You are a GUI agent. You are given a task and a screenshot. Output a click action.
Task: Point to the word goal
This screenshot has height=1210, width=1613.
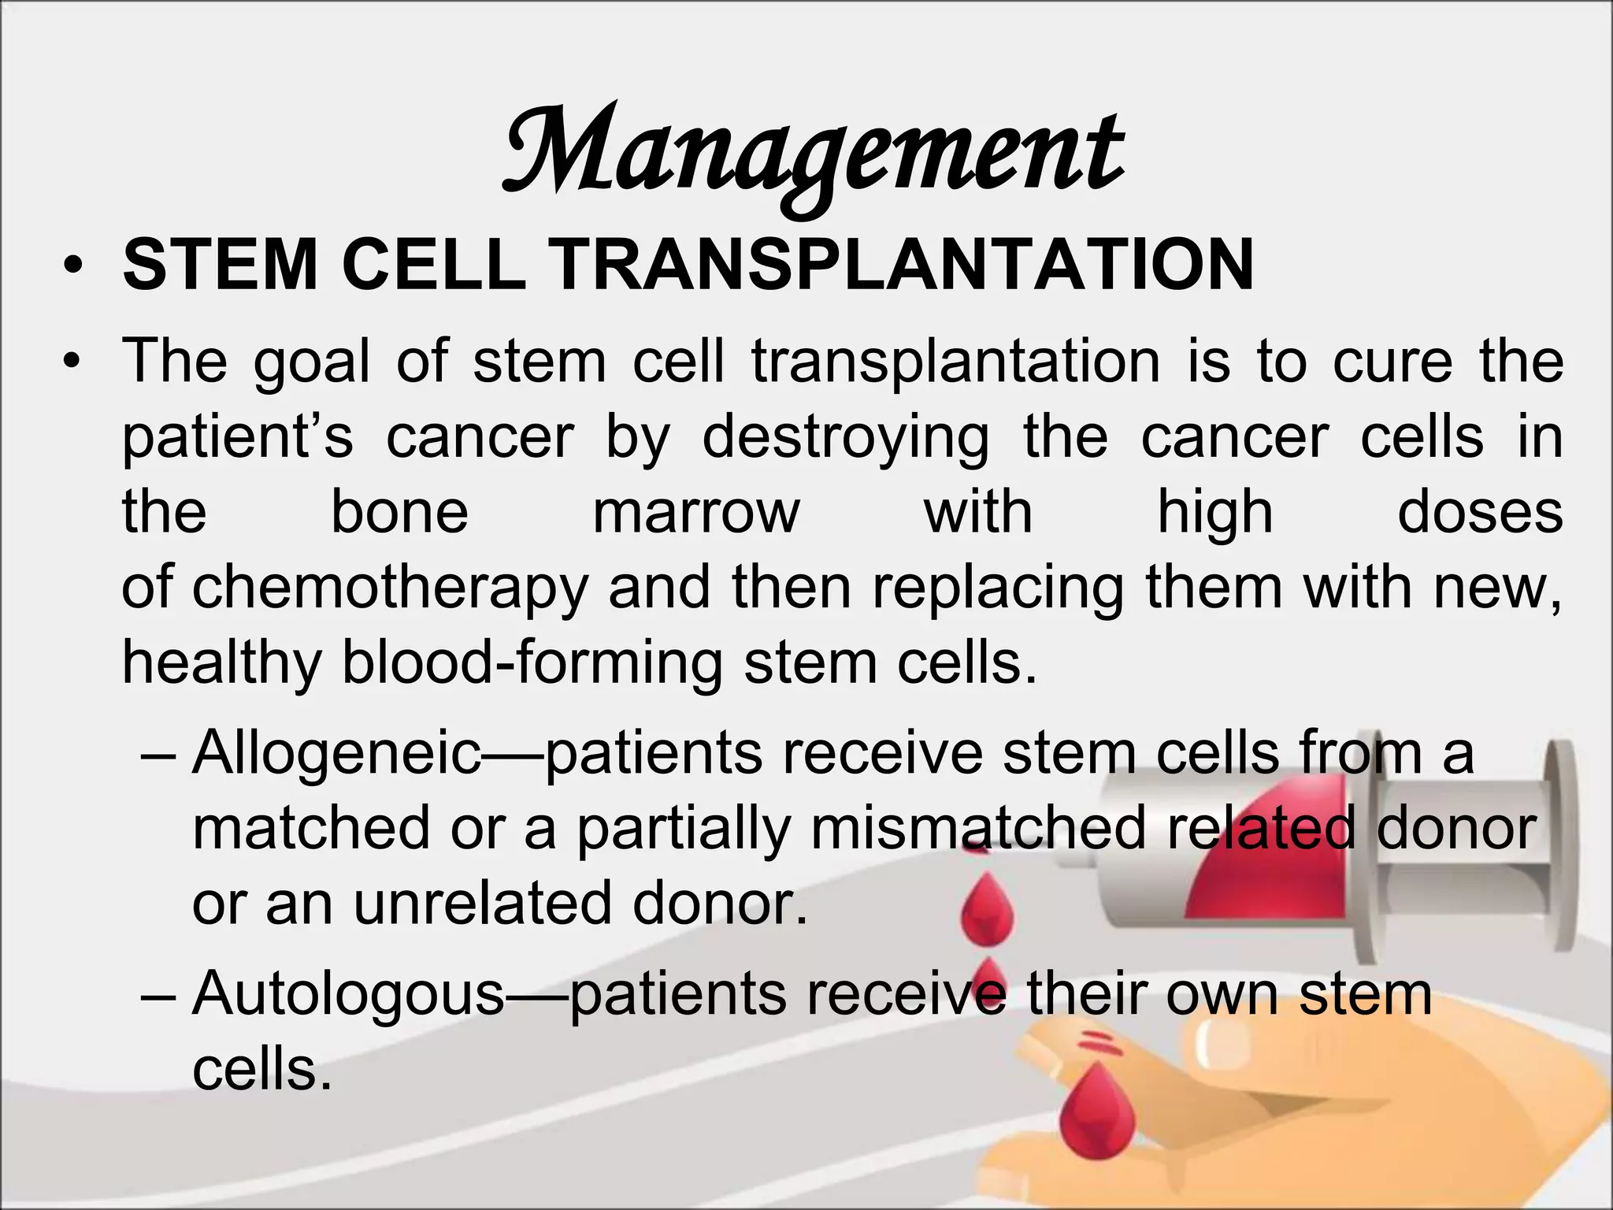311,362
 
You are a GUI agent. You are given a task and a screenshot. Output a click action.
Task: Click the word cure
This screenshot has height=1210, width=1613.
1392,361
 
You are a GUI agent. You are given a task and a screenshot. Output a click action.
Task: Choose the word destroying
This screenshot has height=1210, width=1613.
845,438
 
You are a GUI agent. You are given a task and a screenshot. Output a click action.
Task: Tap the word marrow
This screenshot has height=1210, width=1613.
695,512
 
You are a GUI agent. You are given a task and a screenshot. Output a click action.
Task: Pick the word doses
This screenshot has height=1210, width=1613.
1480,512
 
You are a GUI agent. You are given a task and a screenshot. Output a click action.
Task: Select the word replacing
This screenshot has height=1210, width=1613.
998,589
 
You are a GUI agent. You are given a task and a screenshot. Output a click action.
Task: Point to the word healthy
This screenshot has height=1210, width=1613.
221,663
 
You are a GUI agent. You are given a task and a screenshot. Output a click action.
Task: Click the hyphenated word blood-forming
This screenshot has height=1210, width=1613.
532,663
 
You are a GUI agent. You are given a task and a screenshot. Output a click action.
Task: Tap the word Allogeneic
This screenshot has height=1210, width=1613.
336,752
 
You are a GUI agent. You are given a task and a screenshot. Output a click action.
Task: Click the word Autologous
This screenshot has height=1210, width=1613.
348,994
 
